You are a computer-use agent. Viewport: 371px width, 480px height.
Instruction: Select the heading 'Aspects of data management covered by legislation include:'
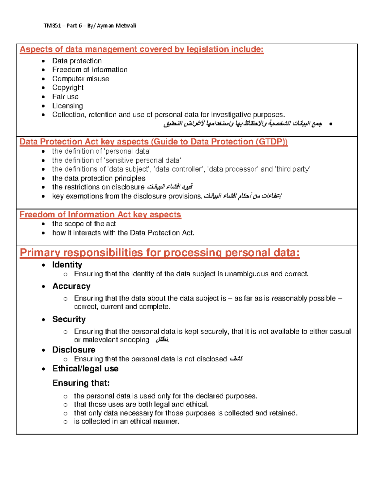[x=142, y=49]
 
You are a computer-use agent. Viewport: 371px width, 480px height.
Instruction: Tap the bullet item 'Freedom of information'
[x=90, y=70]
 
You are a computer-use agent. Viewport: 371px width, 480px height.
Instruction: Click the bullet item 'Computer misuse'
[x=80, y=79]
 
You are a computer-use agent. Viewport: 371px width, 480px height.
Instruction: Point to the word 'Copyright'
[x=68, y=88]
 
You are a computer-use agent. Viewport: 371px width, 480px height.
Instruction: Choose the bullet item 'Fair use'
[x=65, y=97]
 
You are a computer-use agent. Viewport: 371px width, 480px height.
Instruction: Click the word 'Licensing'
[x=67, y=106]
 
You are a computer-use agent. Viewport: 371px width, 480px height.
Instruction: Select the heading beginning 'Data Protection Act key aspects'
[x=153, y=142]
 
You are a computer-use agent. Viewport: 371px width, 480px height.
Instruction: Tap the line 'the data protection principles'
[x=99, y=178]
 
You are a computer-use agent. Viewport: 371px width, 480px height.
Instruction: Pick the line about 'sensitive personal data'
[x=117, y=160]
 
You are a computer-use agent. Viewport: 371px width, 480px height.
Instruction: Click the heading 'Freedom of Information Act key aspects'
[x=100, y=215]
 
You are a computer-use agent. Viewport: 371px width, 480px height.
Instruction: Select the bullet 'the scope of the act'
[x=84, y=224]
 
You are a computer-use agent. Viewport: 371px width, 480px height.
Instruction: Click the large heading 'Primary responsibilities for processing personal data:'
[x=160, y=253]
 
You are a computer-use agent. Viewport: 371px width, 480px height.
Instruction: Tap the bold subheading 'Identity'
[x=67, y=265]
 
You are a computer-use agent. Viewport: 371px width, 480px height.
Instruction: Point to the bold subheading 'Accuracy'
[x=71, y=286]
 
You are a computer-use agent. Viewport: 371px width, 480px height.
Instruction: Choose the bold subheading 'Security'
[x=69, y=319]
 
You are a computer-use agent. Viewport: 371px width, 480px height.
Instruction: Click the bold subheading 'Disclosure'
[x=74, y=350]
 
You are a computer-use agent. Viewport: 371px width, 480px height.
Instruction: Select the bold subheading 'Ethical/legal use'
[x=85, y=369]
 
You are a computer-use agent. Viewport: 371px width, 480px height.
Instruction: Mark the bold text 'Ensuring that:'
[x=81, y=383]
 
